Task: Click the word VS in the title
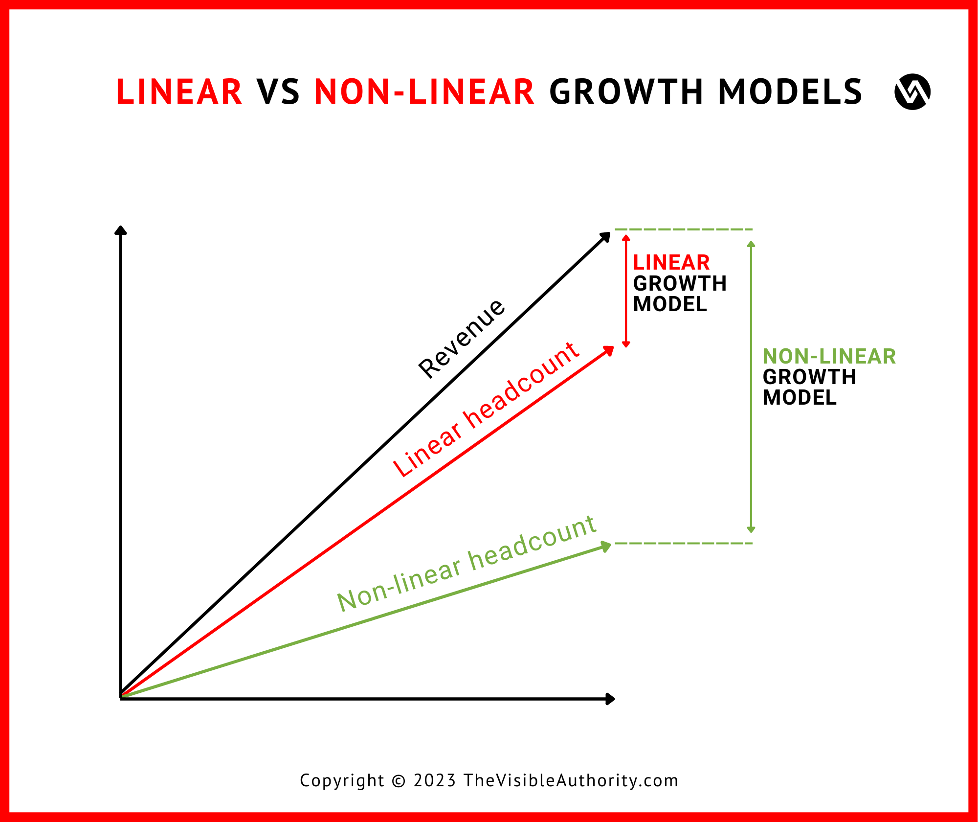278,92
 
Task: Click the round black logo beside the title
912,92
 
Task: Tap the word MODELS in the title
790,92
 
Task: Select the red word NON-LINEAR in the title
424,92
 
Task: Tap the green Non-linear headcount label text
467,564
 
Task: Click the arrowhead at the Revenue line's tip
606,236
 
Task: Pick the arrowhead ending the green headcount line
606,546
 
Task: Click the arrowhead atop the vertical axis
120,230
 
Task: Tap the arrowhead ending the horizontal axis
610,699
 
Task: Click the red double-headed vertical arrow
626,291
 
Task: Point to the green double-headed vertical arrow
752,387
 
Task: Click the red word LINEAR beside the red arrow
671,263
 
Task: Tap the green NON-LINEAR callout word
829,356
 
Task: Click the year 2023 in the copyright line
435,780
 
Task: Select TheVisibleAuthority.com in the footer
571,780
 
